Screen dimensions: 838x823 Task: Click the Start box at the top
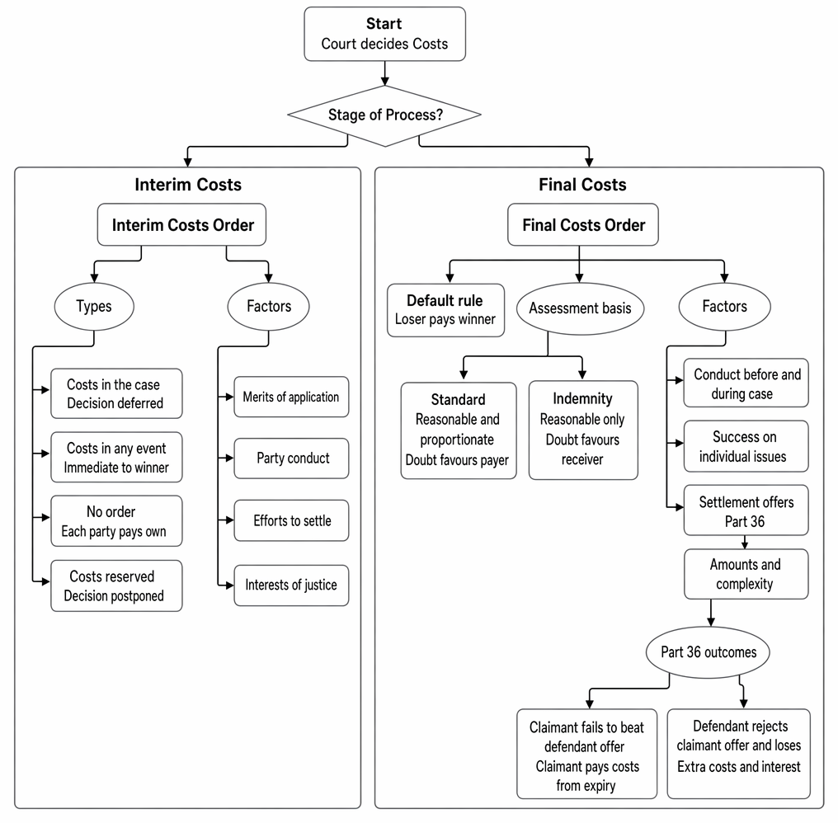click(x=385, y=34)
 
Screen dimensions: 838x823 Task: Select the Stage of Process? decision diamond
click(x=384, y=115)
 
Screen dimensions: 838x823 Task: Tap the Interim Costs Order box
click(x=181, y=224)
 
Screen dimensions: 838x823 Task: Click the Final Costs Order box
click(x=583, y=224)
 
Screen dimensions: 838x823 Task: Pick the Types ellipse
click(x=94, y=306)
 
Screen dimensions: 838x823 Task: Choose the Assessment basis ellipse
click(x=580, y=308)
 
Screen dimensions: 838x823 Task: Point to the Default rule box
click(x=445, y=310)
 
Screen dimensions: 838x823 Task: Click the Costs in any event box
click(x=116, y=458)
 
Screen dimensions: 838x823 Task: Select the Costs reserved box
click(x=116, y=586)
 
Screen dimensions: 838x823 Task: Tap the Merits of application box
click(x=291, y=397)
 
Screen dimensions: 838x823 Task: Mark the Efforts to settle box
click(x=291, y=520)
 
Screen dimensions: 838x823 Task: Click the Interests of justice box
click(x=291, y=586)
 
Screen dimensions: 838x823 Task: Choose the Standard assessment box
click(x=459, y=430)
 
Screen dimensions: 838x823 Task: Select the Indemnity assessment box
click(x=583, y=430)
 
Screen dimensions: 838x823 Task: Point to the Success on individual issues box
click(x=746, y=446)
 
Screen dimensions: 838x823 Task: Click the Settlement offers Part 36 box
click(x=746, y=510)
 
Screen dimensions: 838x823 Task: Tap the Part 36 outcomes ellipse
click(x=709, y=652)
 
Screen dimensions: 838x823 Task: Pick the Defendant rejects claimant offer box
click(x=738, y=754)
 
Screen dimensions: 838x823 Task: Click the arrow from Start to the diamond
click(x=385, y=73)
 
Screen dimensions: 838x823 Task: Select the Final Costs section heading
click(x=582, y=185)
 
